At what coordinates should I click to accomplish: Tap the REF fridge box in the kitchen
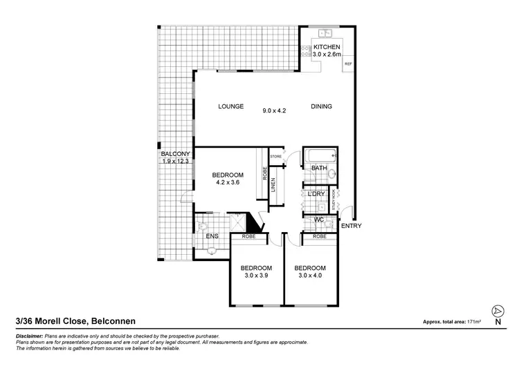click(348, 64)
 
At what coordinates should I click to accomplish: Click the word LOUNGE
click(230, 107)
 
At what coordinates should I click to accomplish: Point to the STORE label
click(276, 156)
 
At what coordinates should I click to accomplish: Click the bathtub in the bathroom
click(321, 155)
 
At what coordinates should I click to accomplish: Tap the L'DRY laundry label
click(316, 194)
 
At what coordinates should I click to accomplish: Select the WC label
click(319, 220)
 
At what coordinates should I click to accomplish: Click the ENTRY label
click(352, 226)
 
